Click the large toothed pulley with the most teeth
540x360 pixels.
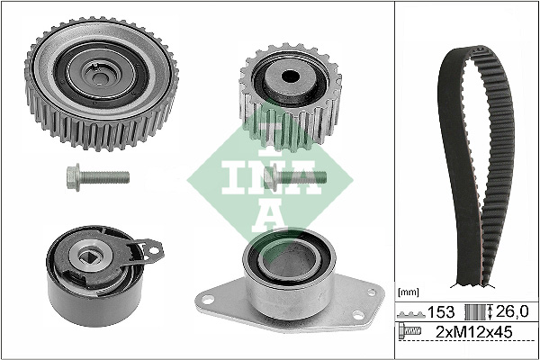pos(102,84)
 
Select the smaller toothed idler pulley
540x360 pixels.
pos(291,97)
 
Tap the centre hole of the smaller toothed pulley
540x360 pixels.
pos(291,76)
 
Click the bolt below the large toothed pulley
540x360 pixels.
pos(98,177)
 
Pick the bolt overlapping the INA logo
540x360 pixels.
pos(295,177)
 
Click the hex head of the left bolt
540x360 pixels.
pos(74,177)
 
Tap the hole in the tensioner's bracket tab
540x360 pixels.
pos(154,250)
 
